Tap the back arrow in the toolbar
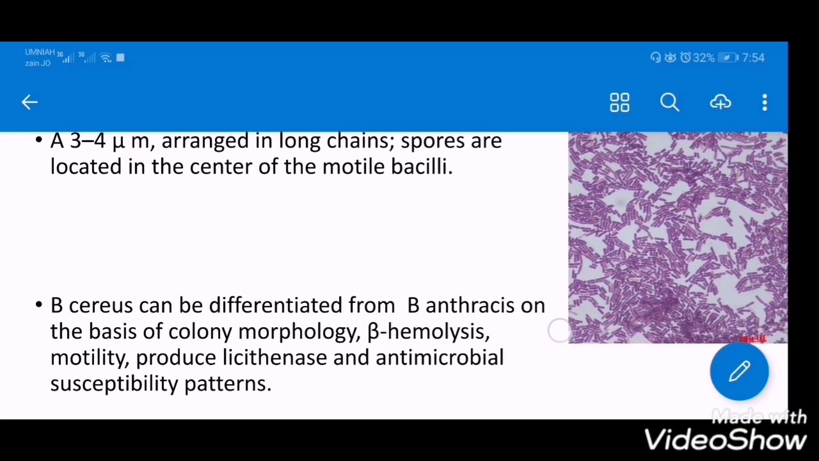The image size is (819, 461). [x=29, y=102]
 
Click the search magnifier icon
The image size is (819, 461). [x=669, y=102]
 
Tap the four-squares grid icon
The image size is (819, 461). [x=619, y=102]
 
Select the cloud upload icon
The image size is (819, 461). [x=720, y=102]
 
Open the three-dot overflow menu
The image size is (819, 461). [x=765, y=102]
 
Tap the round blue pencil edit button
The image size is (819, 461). [x=739, y=371]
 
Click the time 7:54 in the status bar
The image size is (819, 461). [x=753, y=58]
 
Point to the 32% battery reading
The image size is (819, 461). [x=703, y=58]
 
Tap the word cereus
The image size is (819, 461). [x=100, y=305]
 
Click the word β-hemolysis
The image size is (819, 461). [x=428, y=332]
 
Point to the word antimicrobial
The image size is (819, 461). [x=440, y=357]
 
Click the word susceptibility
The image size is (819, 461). [x=115, y=384]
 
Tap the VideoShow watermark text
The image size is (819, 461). [x=725, y=440]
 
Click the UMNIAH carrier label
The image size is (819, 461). [x=39, y=52]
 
